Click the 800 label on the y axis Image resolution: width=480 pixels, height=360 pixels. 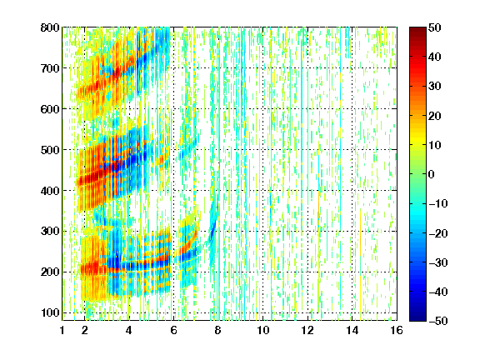tap(50, 27)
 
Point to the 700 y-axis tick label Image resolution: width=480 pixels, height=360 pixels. tap(50, 68)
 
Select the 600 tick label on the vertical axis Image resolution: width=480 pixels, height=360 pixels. tap(50, 109)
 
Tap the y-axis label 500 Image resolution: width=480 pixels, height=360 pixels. tap(50, 150)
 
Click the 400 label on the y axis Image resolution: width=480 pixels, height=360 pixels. tap(50, 191)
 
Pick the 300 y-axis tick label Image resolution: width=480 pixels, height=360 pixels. tap(50, 231)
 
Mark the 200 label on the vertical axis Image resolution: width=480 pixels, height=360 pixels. tap(50, 272)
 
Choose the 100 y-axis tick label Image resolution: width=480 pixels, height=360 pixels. tap(50, 312)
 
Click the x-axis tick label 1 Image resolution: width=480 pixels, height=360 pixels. tap(62, 330)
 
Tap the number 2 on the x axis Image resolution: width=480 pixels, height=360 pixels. tap(85, 330)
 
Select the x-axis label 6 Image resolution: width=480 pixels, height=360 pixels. tap(173, 330)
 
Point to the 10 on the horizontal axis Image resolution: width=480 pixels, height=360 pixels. tap(263, 330)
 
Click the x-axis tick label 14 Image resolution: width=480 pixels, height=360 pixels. tap(352, 330)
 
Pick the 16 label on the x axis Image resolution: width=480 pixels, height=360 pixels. tap(397, 330)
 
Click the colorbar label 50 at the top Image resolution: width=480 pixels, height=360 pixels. tap(435, 27)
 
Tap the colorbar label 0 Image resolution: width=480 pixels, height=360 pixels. tap(432, 174)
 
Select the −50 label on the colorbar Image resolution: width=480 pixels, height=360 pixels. tap(438, 321)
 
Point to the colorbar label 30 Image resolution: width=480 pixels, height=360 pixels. tap(435, 87)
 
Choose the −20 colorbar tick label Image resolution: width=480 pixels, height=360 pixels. tap(438, 233)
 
